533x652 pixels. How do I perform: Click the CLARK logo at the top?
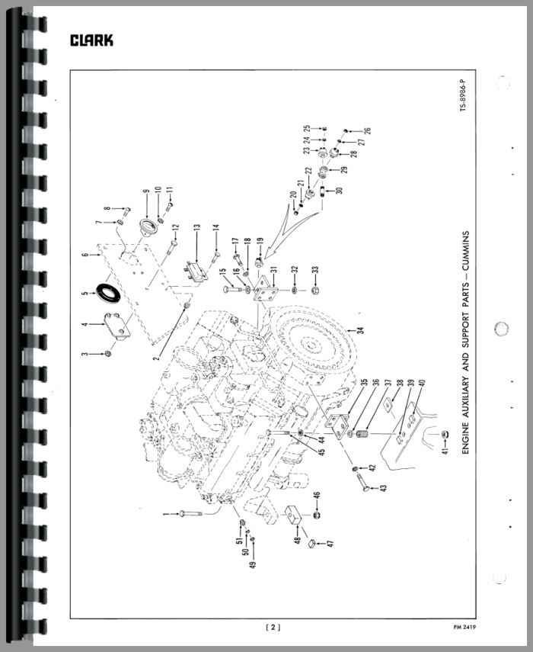pos(91,40)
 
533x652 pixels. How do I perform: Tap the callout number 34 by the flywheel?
pos(360,330)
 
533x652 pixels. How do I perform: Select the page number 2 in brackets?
pos(273,628)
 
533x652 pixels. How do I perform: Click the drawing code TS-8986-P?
pos(463,95)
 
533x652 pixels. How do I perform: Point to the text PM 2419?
pos(464,627)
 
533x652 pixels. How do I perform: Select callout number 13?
pos(196,228)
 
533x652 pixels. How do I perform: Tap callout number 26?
pos(367,130)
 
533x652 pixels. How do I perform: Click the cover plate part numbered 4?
pos(116,326)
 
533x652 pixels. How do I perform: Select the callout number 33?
pos(315,270)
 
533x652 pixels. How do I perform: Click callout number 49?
pos(253,564)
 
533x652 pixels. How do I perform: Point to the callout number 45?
pos(321,451)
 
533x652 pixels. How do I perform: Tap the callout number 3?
pos(85,355)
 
